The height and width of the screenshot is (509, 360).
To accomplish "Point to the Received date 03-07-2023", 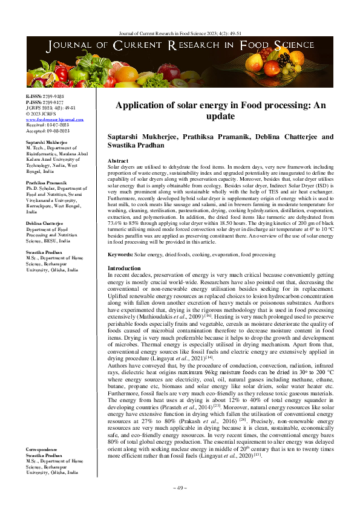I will (56, 125).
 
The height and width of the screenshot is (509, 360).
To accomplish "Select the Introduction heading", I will (124, 268).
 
